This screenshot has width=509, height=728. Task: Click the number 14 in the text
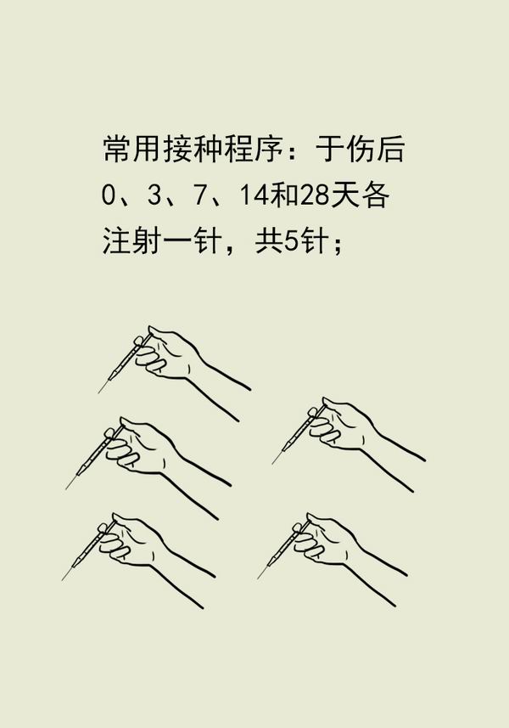pos(254,195)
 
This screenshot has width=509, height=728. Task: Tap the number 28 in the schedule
pos(314,195)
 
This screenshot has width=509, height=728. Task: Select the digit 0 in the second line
pos(108,195)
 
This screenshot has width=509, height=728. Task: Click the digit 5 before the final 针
pos(291,240)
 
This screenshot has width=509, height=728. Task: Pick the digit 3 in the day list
pos(154,195)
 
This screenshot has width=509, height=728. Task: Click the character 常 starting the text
pos(116,149)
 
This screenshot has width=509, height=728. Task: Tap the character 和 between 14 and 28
pos(284,195)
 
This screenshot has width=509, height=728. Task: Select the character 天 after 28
pos(344,195)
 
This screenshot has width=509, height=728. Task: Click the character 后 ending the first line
pos(391,149)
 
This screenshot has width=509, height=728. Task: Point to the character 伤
pos(361,149)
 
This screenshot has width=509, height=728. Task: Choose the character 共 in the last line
pos(269,240)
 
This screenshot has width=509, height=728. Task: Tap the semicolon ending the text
pos(337,244)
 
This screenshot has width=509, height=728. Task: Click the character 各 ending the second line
pos(375,195)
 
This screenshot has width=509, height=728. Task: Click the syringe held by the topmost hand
pos(124,361)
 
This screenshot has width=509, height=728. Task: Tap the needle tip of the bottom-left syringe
pos(62,580)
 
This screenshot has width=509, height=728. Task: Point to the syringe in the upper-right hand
pos(298,432)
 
